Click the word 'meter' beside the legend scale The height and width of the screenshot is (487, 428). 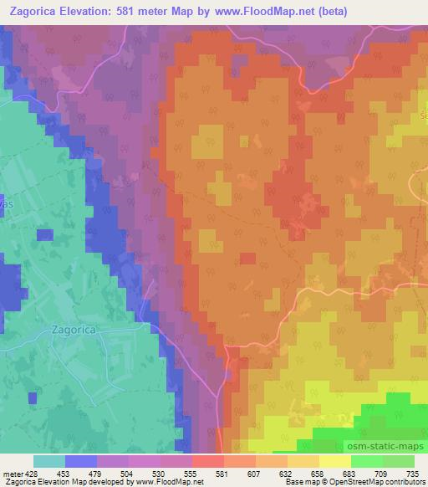12,473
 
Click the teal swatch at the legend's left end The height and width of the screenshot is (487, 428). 48,461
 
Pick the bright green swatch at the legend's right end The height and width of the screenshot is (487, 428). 398,461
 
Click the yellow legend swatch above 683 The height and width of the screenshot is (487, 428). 334,461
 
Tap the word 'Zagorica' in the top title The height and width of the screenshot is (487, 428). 33,11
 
